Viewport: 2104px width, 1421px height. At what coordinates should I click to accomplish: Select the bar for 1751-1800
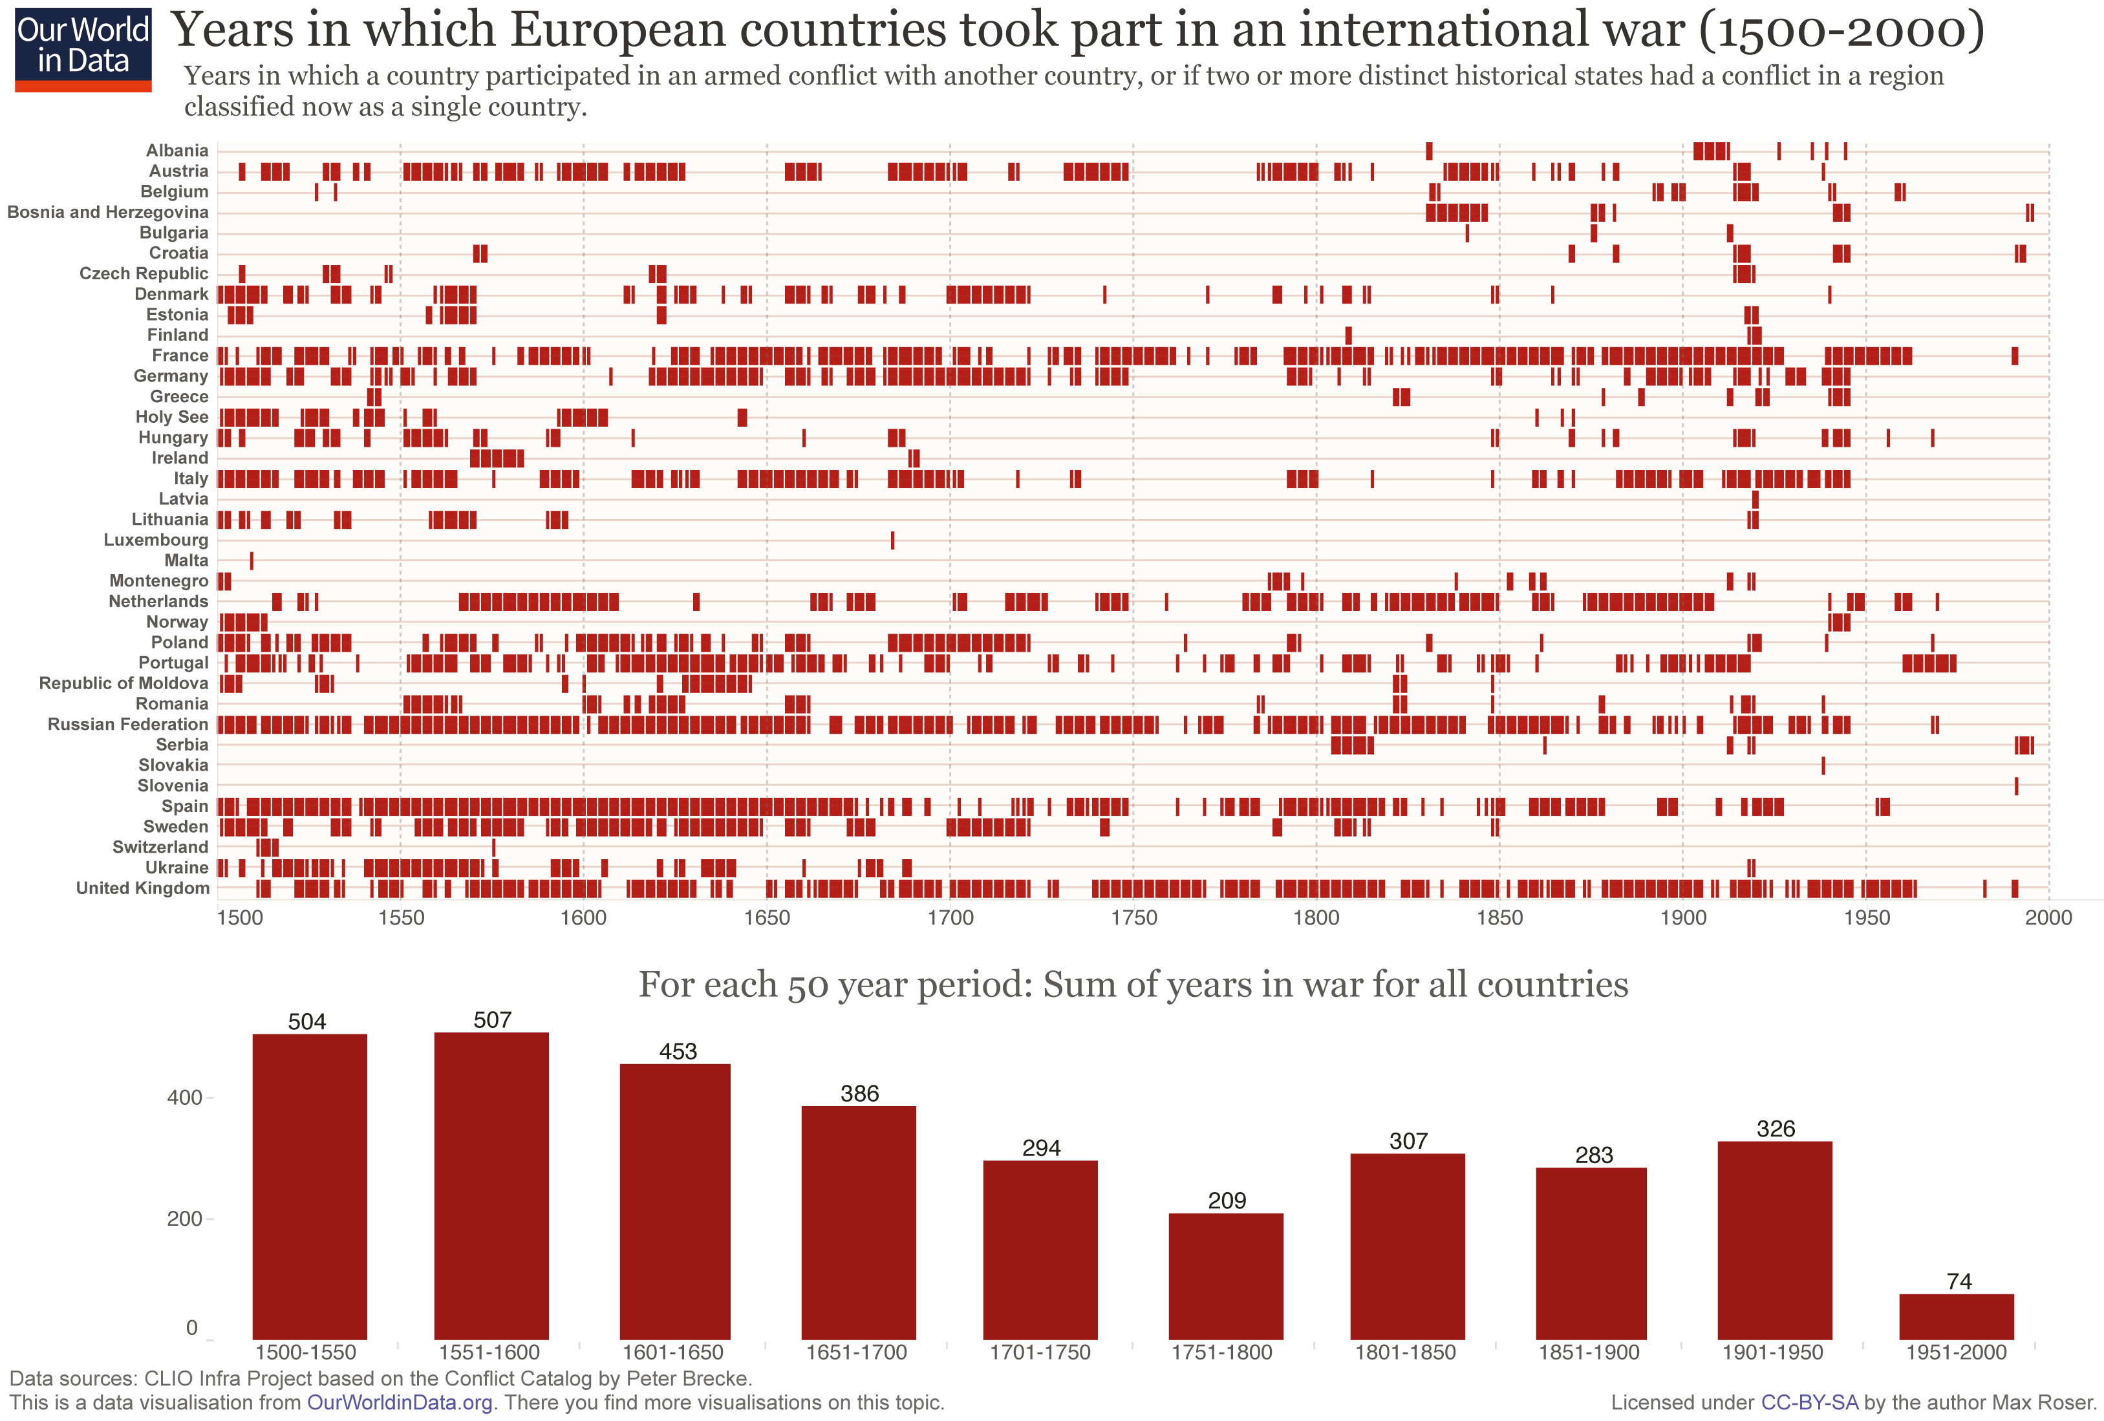1226,1276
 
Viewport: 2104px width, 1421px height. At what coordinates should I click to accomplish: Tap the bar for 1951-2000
1957,1316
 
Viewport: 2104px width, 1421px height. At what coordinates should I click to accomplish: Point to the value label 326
1776,1129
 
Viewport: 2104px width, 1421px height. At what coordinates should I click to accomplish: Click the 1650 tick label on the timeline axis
767,918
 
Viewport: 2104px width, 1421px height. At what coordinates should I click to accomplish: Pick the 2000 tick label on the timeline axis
2048,918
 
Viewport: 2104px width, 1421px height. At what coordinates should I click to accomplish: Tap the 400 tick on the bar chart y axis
185,1098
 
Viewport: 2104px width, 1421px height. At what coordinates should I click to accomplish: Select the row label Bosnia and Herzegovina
108,212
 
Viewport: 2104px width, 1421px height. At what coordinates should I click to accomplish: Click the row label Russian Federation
127,724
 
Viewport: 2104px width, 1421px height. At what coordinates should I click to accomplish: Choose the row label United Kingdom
142,888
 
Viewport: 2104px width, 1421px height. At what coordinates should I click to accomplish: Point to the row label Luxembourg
156,539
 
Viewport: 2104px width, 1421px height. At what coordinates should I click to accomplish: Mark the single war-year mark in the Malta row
252,561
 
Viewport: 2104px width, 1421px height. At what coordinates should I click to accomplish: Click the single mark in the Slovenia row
2016,785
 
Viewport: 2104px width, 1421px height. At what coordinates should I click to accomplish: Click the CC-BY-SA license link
1809,1403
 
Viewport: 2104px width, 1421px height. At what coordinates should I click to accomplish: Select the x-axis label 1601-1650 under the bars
672,1352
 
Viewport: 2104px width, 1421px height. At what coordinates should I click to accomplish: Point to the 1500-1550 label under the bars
306,1352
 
